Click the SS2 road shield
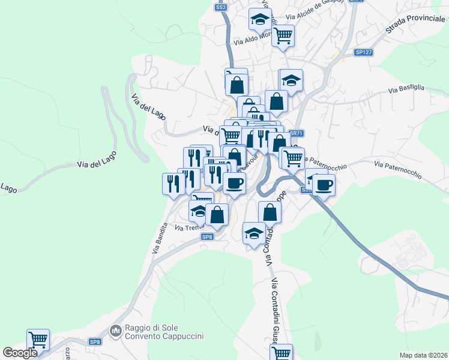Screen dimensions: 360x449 pyautogui.click(x=221, y=7)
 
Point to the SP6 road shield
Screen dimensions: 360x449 pyautogui.click(x=207, y=237)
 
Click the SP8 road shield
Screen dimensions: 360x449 pyautogui.click(x=95, y=341)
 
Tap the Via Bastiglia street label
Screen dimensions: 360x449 pyautogui.click(x=406, y=89)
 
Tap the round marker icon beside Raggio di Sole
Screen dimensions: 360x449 pyautogui.click(x=115, y=329)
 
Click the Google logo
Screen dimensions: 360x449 pyautogui.click(x=20, y=353)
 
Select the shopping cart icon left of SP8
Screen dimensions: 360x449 pyautogui.click(x=38, y=339)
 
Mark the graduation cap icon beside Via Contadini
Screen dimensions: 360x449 pyautogui.click(x=254, y=232)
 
